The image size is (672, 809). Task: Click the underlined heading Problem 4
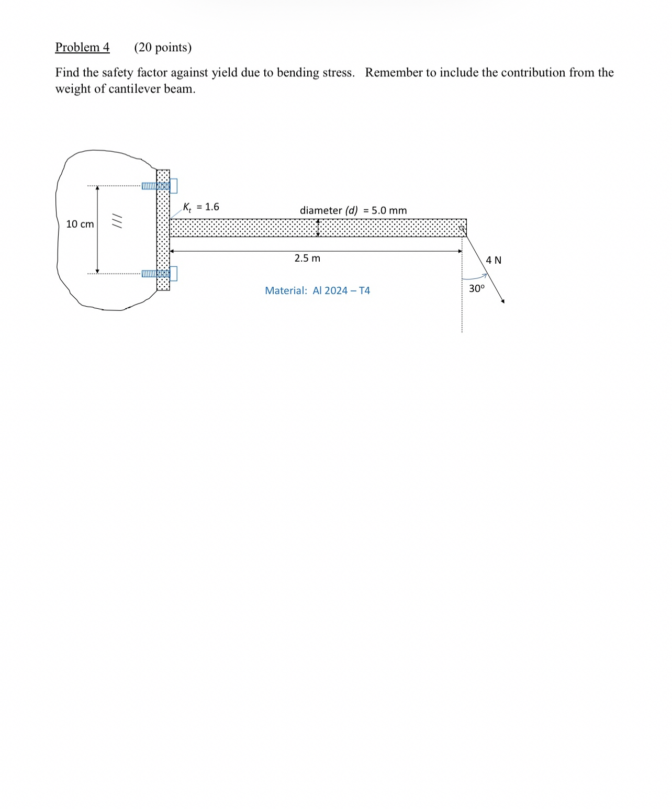(x=82, y=47)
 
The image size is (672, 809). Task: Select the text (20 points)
(x=163, y=47)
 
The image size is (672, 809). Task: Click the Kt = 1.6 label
(x=201, y=207)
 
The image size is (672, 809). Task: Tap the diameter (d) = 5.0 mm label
(x=353, y=210)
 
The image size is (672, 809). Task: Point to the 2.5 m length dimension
(x=307, y=258)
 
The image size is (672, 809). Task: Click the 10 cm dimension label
(x=80, y=224)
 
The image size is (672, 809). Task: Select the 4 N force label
(x=493, y=260)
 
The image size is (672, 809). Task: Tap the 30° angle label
(x=476, y=288)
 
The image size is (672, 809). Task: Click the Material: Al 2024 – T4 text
(x=317, y=290)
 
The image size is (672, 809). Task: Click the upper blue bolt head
(x=173, y=186)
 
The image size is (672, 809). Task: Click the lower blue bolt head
(x=173, y=273)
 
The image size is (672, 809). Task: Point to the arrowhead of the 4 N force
(x=502, y=301)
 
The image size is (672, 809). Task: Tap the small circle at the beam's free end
(x=462, y=228)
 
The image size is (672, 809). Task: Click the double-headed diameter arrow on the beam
(x=318, y=228)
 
